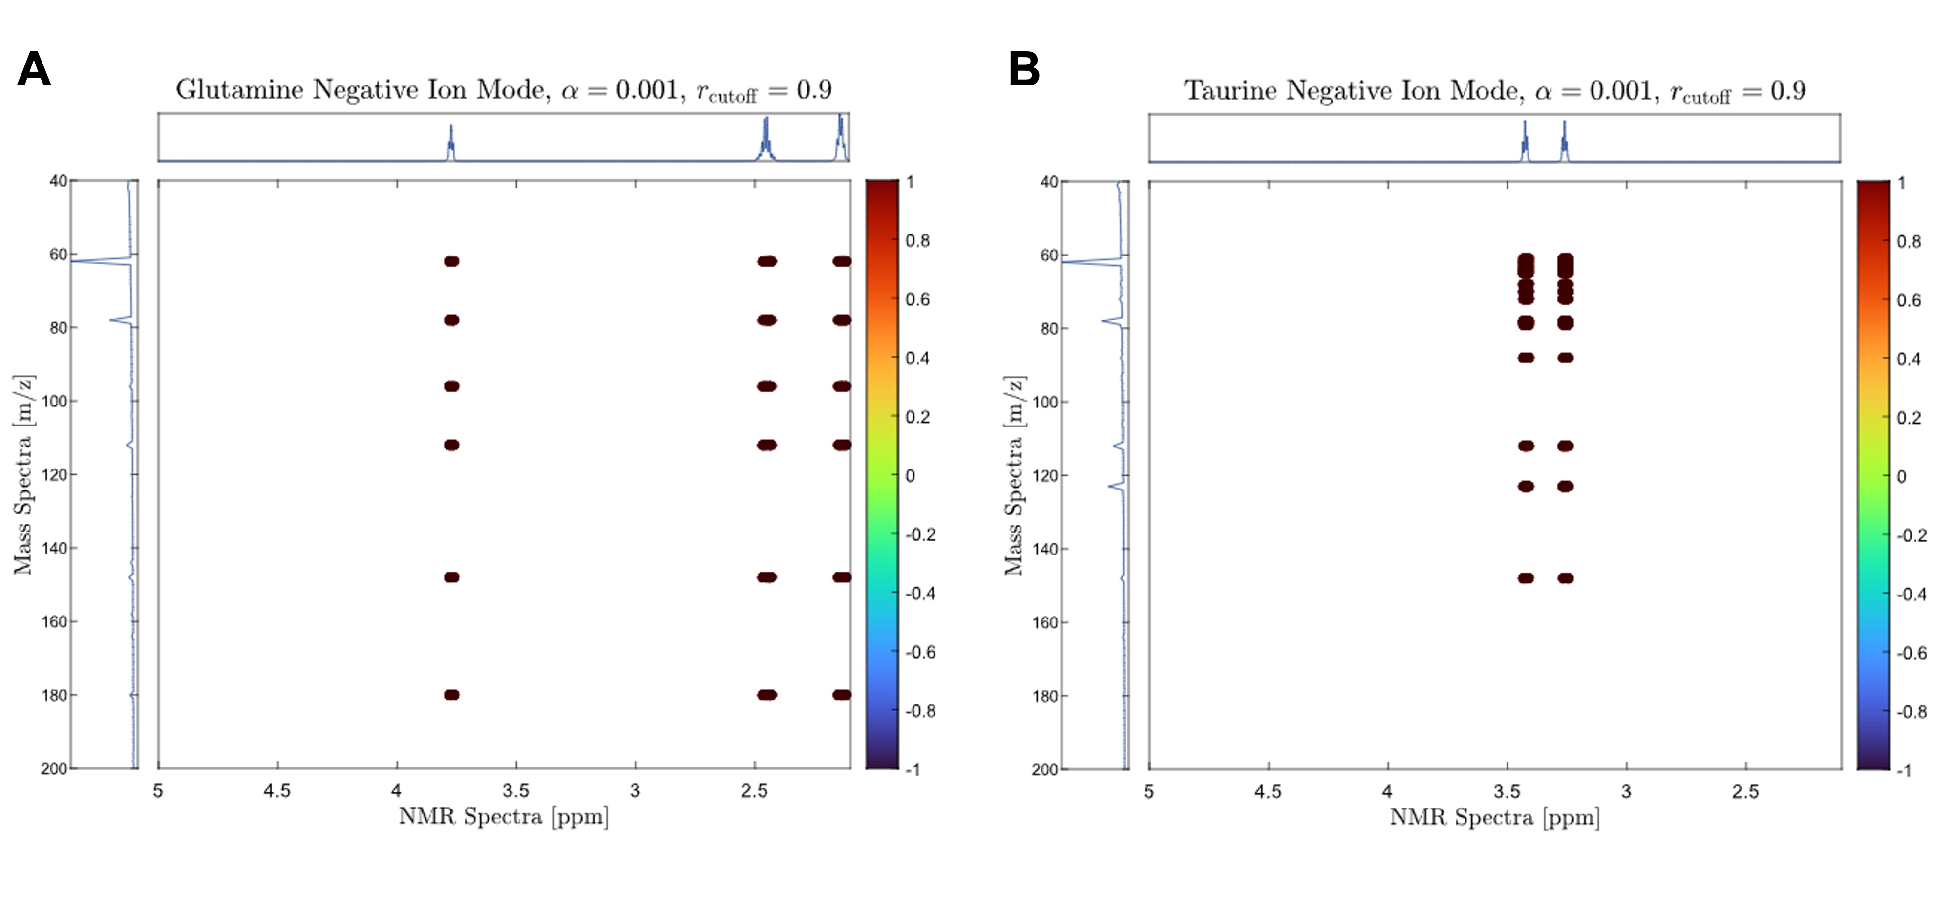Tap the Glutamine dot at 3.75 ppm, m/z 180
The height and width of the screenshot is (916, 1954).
451,695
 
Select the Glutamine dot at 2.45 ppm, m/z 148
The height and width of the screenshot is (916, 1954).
767,577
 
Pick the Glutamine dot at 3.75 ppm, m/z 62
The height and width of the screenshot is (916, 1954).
451,261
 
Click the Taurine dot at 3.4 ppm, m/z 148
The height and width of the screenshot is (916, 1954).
1526,578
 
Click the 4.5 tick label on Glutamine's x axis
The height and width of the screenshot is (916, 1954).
277,791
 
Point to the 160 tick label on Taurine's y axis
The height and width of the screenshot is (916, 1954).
1045,622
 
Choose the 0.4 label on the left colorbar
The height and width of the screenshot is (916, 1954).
918,358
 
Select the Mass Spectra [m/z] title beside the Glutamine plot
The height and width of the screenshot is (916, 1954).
23,475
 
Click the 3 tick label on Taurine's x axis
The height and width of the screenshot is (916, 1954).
1626,791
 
